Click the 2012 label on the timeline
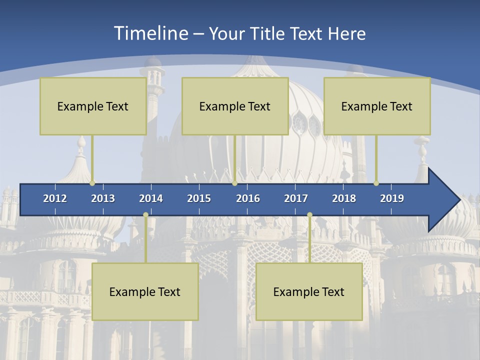pyautogui.click(x=55, y=198)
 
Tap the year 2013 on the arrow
pyautogui.click(x=103, y=198)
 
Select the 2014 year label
pyautogui.click(x=151, y=198)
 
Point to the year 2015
pyautogui.click(x=199, y=198)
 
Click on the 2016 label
pyautogui.click(x=248, y=198)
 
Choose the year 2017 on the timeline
pyautogui.click(x=296, y=198)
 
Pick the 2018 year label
pyautogui.click(x=344, y=198)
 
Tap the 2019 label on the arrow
pyautogui.click(x=392, y=198)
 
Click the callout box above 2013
pyautogui.click(x=93, y=106)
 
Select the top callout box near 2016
pyautogui.click(x=235, y=106)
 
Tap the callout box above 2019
pyautogui.click(x=377, y=106)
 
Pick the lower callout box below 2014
pyautogui.click(x=145, y=291)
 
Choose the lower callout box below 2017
pyautogui.click(x=309, y=291)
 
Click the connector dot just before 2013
pyautogui.click(x=92, y=183)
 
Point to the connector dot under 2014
pyautogui.click(x=145, y=215)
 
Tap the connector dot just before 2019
pyautogui.click(x=376, y=183)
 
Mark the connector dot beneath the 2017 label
pyautogui.click(x=309, y=215)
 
